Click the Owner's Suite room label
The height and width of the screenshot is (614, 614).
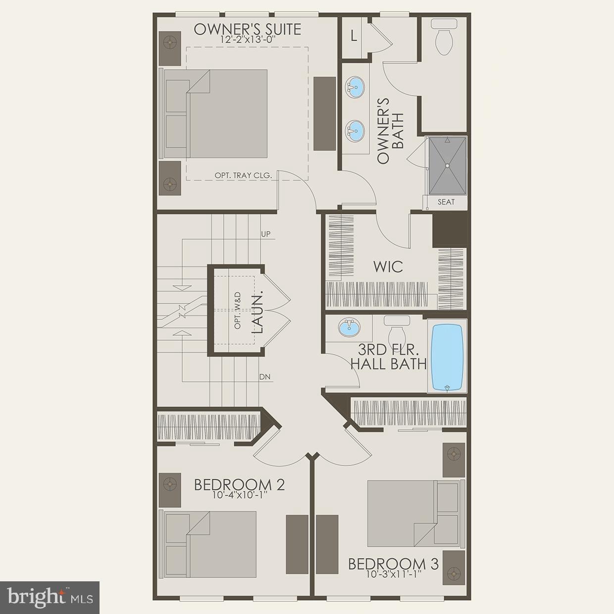[247, 29]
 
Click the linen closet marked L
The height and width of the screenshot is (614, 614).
[354, 36]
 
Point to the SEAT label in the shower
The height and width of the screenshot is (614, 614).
[446, 202]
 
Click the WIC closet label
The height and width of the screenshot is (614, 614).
[388, 266]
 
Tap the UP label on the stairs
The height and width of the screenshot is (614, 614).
[266, 234]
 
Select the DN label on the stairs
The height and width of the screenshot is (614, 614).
[265, 377]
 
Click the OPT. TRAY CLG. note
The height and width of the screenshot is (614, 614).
[243, 175]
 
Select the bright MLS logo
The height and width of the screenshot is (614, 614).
[50, 598]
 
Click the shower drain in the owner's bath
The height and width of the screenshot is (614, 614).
[447, 165]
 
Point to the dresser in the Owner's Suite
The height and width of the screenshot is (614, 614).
[325, 113]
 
